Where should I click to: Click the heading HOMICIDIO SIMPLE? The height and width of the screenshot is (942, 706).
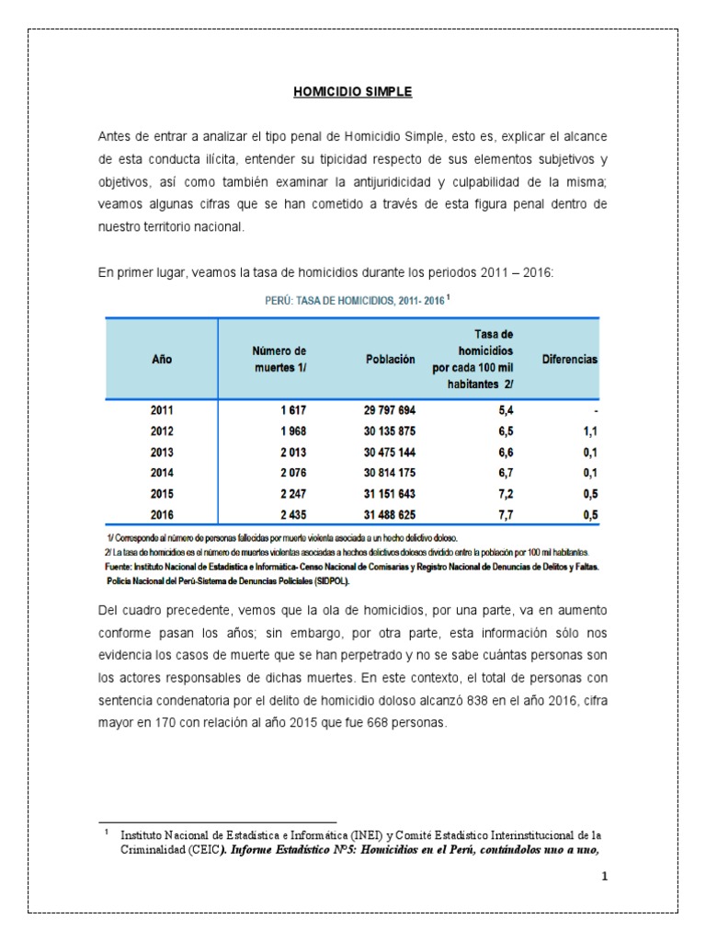352,92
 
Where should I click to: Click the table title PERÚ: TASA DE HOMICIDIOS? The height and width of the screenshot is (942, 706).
352,299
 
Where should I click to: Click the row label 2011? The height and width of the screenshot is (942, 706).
162,410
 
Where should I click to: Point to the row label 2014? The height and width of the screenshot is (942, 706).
162,472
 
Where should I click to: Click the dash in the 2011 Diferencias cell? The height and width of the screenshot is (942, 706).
596,410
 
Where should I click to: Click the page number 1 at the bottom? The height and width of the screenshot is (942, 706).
604,877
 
